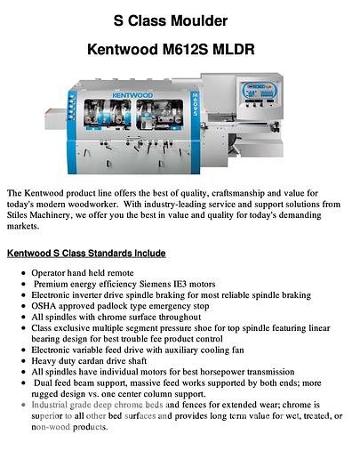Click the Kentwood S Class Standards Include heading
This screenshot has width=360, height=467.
pos(85,253)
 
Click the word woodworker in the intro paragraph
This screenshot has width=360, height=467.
pos(109,204)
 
